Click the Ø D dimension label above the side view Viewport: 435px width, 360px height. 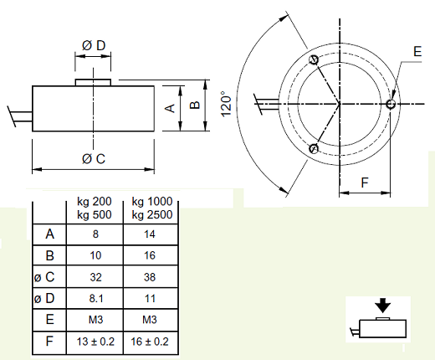pos(94,45)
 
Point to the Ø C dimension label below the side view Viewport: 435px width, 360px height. pos(94,159)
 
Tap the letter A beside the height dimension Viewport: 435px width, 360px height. pos(170,108)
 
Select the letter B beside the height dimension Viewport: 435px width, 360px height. pos(195,105)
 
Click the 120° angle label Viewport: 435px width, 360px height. pos(226,104)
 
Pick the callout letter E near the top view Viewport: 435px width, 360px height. pos(417,52)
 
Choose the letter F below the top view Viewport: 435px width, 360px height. pos(365,183)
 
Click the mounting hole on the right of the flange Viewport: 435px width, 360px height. pos(391,104)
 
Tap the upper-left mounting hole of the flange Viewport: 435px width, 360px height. pos(314,59)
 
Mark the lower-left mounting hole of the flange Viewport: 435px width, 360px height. pos(314,148)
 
